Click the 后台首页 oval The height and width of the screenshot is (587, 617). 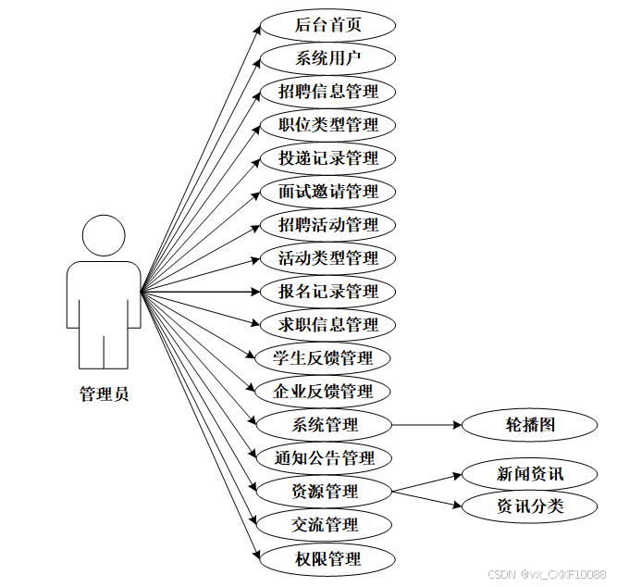click(327, 25)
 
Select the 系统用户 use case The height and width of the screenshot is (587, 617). click(327, 58)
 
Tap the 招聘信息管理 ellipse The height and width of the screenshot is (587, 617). click(327, 92)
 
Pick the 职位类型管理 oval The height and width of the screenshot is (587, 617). click(327, 125)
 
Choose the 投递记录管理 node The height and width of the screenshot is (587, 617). click(327, 158)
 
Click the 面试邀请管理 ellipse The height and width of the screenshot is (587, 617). click(327, 192)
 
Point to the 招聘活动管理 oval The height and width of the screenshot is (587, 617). click(327, 225)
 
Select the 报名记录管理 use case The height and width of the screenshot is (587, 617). click(327, 292)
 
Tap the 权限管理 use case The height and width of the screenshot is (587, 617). click(327, 558)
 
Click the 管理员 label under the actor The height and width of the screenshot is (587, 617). click(104, 394)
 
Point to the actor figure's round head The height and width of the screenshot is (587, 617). click(104, 237)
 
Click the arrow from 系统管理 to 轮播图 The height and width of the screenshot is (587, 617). click(426, 425)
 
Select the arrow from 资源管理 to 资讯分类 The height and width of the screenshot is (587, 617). click(426, 498)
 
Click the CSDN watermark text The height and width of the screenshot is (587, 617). click(546, 574)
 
